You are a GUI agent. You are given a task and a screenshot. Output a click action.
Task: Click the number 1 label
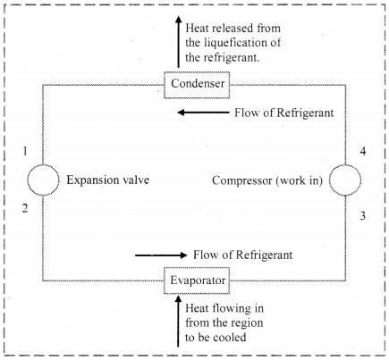[x=25, y=151]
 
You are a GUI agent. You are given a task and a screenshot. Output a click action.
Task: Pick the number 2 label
[x=25, y=208]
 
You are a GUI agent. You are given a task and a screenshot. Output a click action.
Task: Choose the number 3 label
[x=363, y=215]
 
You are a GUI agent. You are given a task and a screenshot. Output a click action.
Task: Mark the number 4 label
[x=363, y=151]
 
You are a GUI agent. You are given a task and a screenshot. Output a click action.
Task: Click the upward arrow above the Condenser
[x=178, y=42]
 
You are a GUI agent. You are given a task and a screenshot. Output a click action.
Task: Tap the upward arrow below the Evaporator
[x=178, y=321]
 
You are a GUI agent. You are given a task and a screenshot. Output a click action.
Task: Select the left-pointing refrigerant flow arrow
[x=203, y=113]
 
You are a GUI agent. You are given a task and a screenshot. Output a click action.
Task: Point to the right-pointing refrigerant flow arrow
[x=161, y=255]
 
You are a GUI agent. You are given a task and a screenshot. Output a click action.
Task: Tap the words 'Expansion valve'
[x=107, y=180]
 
